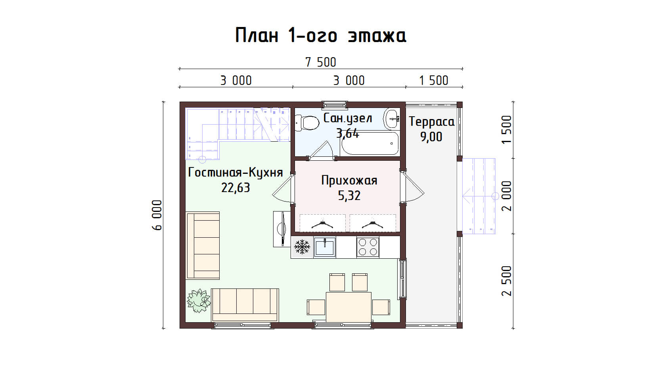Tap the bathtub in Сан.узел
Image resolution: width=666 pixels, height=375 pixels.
[x=370, y=144]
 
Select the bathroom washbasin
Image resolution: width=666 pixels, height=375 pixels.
[x=391, y=118]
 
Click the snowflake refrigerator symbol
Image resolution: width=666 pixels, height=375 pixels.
[x=302, y=247]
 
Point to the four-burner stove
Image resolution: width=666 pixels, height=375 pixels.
[x=368, y=247]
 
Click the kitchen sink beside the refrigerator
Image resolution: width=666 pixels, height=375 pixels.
[x=324, y=247]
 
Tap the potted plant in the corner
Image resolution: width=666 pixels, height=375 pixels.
[x=198, y=300]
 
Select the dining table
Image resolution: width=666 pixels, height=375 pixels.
[x=348, y=307]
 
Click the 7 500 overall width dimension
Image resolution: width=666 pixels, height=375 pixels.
[x=320, y=63]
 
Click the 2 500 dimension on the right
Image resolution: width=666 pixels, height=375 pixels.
[x=507, y=281]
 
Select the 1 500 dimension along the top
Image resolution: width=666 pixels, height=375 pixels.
[x=434, y=81]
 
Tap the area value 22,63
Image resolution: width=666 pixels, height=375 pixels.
[x=235, y=188]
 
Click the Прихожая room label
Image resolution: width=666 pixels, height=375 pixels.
[x=349, y=181]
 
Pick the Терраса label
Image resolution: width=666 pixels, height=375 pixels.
[x=431, y=122]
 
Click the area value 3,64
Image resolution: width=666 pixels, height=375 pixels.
[x=348, y=133]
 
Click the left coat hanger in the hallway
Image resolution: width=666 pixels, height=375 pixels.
[x=322, y=224]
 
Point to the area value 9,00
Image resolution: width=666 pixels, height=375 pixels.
[x=431, y=137]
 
